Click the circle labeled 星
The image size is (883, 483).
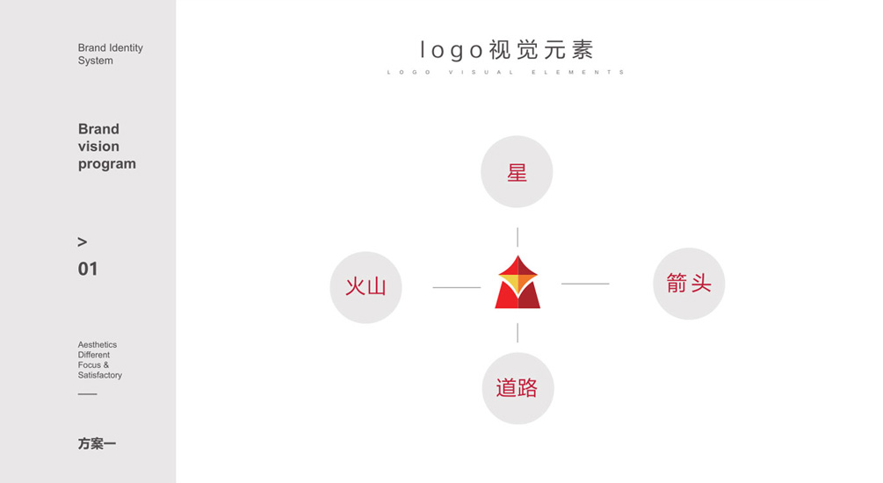pos(517,172)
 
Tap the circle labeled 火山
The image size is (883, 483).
pos(366,287)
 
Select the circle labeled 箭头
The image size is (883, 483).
pos(689,284)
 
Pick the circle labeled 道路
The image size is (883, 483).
pos(517,388)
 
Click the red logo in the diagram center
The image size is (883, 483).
pos(517,283)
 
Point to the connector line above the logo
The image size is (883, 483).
pos(517,237)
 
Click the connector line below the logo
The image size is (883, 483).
pos(517,332)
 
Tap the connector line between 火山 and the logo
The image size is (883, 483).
pos(457,287)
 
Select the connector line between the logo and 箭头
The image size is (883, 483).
pos(585,284)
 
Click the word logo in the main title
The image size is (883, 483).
pos(452,49)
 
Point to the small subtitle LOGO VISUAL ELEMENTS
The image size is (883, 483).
pos(506,72)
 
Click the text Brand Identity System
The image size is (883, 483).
pos(110,54)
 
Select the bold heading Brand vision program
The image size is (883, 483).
pos(106,147)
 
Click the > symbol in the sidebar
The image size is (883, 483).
pos(83,241)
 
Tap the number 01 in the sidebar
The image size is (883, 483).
pos(88,269)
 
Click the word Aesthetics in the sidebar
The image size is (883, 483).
pos(98,345)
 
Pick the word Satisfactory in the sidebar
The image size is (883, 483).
pos(100,375)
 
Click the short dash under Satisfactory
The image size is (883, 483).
pos(87,393)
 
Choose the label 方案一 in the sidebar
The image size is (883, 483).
pos(97,444)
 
